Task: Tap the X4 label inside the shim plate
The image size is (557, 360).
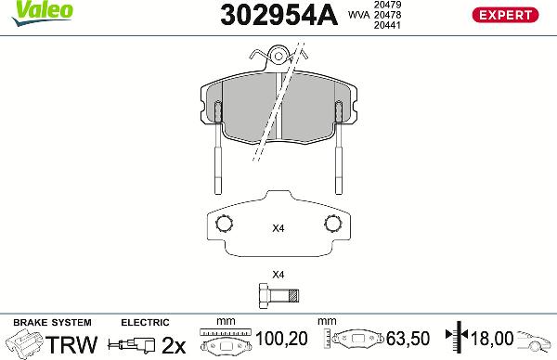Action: (x=278, y=227)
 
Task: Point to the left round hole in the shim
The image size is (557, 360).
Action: (x=222, y=224)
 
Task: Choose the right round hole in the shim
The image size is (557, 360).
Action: (x=332, y=224)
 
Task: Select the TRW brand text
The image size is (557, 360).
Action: (x=72, y=344)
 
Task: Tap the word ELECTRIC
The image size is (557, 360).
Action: (x=146, y=322)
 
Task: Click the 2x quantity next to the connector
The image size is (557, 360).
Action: (x=175, y=344)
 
